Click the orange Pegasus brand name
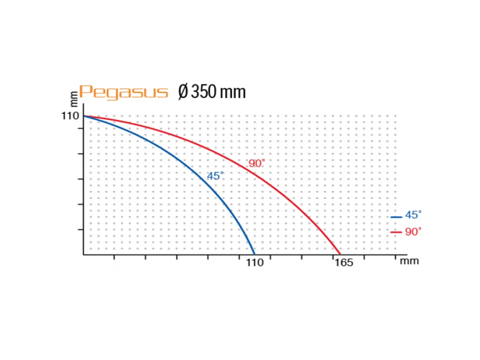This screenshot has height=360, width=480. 123,92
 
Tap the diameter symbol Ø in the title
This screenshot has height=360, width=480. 183,92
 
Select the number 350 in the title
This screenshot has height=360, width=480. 203,92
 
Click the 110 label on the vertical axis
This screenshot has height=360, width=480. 70,116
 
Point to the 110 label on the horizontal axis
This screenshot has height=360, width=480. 255,262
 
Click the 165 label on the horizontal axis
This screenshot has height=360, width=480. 343,262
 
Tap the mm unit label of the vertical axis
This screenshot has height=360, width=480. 74,98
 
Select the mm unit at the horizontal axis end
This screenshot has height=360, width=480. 409,261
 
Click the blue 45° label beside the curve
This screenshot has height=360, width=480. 215,176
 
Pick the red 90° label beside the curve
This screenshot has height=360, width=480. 256,163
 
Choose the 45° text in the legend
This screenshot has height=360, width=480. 413,215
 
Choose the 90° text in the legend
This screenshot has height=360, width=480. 413,232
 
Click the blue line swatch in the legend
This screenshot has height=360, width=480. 396,217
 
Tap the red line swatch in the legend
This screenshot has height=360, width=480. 396,232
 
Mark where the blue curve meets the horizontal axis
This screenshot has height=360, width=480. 255,255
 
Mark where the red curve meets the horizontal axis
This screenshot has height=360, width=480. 340,255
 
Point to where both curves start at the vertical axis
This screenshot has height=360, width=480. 84,116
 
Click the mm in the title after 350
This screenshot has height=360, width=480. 232,92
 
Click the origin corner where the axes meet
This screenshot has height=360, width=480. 84,255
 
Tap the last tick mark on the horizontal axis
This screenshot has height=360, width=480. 395,257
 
